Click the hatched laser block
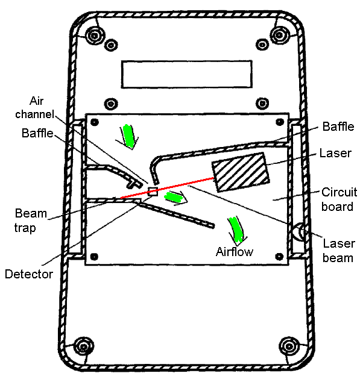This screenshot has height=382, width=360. pos(241,172)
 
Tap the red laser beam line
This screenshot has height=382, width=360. pos(167,188)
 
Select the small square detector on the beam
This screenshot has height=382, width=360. pos(153,192)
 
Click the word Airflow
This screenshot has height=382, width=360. pos(235,252)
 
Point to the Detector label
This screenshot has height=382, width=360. pos(29,274)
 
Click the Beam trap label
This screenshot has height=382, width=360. pos(30,221)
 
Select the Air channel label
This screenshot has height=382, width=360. pos(34,107)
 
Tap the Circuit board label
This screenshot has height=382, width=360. pos(339,199)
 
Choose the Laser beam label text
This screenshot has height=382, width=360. pos(338,251)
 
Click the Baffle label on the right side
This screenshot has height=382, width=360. pos(338,127)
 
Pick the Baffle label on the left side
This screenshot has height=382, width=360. pos(37,133)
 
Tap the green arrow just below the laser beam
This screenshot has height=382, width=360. pos(175,197)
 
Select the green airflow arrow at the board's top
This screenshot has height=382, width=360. pos(128,136)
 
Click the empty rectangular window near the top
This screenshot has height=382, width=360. pos(186,74)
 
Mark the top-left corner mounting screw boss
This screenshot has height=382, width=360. pos(95,36)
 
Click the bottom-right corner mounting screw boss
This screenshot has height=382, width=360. pos(289,346)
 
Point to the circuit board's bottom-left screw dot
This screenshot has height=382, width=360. pos(94,257)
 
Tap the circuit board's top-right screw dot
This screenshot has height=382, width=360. pos(280,122)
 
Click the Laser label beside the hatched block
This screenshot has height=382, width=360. pos(335,153)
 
